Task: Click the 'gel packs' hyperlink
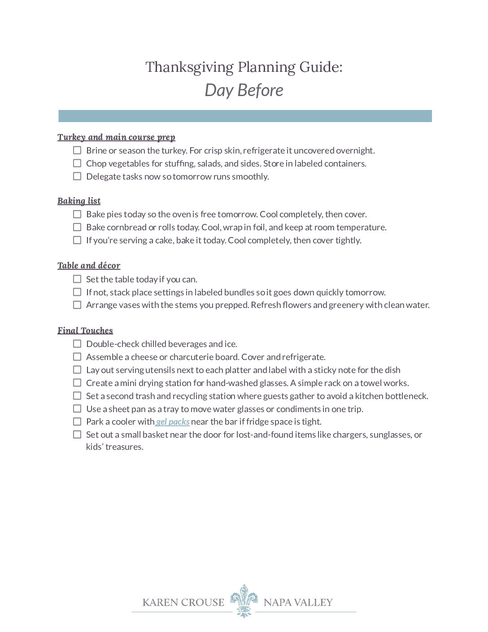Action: pos(173,422)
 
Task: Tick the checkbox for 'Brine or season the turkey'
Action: pos(77,150)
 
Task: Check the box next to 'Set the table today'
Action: pos(77,279)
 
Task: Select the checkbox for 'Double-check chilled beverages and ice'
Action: pos(77,344)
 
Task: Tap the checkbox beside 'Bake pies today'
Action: pos(77,214)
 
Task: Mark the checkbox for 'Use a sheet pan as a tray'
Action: pos(77,409)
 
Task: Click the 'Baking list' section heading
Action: pos(79,201)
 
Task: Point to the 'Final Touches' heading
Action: pos(85,331)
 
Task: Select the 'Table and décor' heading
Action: pos(89,266)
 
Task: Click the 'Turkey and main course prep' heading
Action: pos(116,137)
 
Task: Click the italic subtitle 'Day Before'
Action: pos(244,90)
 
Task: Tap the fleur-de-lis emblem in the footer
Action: pos(244,601)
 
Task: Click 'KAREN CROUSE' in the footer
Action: pos(183,602)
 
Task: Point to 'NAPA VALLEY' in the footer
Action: pos(298,602)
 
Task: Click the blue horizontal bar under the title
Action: pos(245,116)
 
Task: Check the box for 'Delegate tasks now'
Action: pos(77,176)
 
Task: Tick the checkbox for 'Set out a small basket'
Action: pos(77,434)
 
